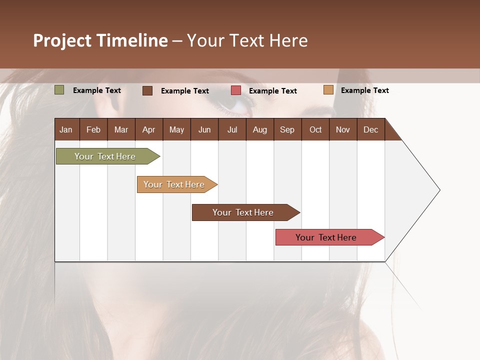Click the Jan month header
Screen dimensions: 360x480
coord(66,129)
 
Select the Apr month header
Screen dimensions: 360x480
coord(148,129)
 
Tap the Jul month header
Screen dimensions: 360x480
coord(232,129)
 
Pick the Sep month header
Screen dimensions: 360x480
coord(287,129)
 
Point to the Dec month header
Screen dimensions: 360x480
coord(370,129)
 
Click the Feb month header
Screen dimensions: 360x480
coord(93,129)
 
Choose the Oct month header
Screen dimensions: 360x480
coord(315,129)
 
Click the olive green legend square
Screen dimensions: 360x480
coord(59,90)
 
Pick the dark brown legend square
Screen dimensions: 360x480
coord(147,90)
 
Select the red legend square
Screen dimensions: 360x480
coord(236,90)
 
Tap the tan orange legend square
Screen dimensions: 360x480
coord(328,90)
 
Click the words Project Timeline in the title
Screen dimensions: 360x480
coord(100,40)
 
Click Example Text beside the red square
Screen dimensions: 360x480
coord(272,91)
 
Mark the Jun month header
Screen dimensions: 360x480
coord(204,129)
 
